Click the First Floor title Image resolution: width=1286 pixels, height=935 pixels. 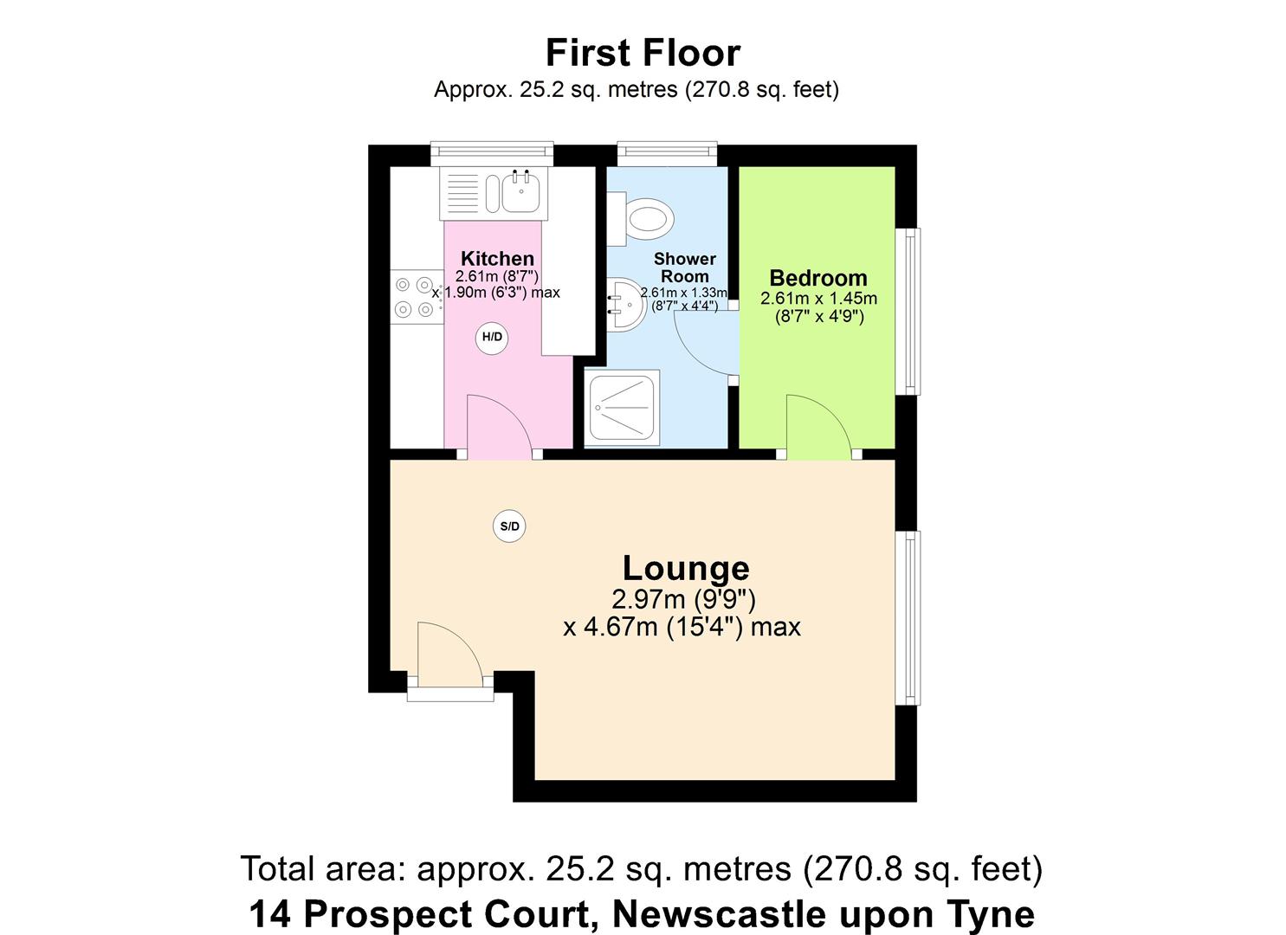coord(643,53)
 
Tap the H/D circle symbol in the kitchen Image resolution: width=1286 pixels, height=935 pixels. coord(492,337)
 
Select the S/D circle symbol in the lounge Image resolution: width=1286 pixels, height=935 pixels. coord(509,526)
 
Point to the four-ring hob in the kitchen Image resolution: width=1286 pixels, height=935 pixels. coord(415,296)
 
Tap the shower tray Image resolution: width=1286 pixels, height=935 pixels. coord(623,409)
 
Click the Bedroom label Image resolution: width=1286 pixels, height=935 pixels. coord(817,278)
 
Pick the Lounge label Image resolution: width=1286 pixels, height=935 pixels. coord(686,568)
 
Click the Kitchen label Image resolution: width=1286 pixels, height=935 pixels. coord(497,258)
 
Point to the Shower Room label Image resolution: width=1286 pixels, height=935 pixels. coord(684,268)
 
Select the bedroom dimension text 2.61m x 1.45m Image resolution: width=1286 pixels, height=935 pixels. coord(818,299)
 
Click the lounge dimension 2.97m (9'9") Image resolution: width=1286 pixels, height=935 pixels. coord(684,599)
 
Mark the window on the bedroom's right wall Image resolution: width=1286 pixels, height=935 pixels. coord(908,311)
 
